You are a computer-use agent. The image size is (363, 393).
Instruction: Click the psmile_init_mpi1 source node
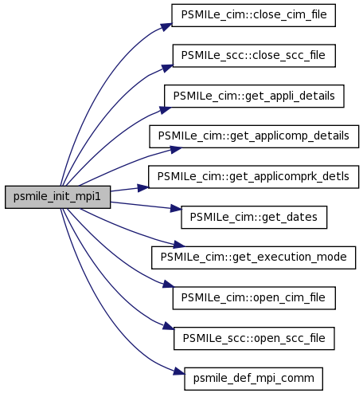coord(57,197)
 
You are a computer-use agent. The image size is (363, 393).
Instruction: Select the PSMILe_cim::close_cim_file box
coord(253,15)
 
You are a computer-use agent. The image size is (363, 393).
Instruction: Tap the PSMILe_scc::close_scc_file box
coord(254,56)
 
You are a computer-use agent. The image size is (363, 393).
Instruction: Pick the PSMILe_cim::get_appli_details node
coord(254,96)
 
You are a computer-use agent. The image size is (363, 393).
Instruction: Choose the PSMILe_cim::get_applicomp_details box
coord(254,136)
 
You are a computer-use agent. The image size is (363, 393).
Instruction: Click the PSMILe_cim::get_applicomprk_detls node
coord(253,177)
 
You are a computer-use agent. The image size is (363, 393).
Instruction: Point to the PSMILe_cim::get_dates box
coord(254,217)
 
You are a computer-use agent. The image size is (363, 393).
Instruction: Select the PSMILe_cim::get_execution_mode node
coord(253,257)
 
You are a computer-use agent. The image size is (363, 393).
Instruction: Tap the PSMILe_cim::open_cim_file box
coord(254,298)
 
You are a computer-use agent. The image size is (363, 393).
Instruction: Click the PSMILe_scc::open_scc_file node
coord(254,338)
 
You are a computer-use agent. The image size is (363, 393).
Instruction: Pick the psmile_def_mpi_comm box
coord(253,379)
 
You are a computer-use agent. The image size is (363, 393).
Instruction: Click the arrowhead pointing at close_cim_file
coord(166,27)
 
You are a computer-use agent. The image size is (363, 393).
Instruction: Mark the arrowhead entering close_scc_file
coord(167,68)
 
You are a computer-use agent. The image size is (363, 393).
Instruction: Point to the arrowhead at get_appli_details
coord(165,110)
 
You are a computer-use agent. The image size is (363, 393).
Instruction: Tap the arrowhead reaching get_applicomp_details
coord(176,150)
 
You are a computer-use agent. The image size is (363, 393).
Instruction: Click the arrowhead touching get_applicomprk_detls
coord(143,188)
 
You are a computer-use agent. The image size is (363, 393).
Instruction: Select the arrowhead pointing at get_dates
coord(176,209)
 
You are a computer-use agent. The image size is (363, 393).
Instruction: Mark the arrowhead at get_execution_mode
coord(179,245)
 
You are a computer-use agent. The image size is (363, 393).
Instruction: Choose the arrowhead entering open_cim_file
coord(169,285)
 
